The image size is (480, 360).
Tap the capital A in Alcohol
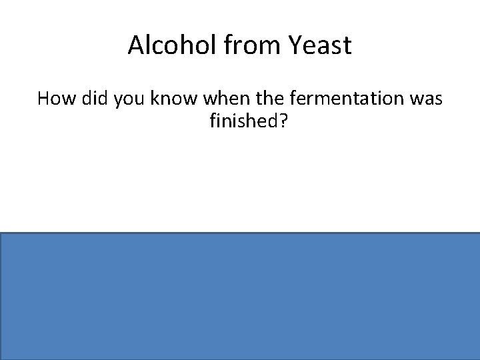click(x=135, y=45)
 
